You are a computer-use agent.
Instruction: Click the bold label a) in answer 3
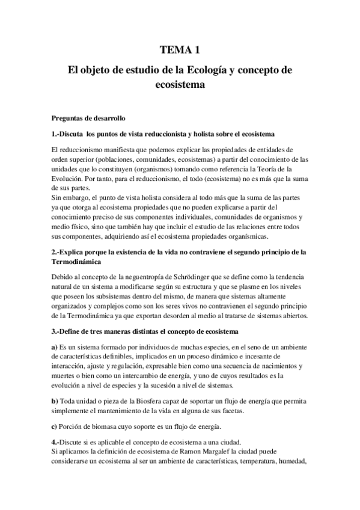[x=55, y=346]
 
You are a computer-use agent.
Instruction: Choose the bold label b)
[x=55, y=401]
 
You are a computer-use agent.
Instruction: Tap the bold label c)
[x=55, y=428]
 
